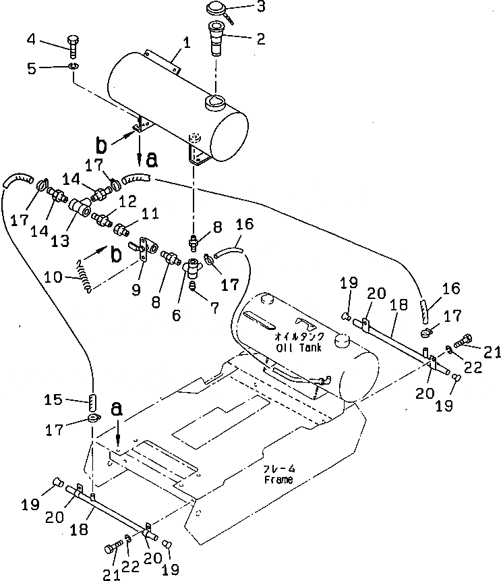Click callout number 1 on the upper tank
coord(187,42)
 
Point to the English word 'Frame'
coord(278,480)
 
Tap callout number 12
coord(128,201)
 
